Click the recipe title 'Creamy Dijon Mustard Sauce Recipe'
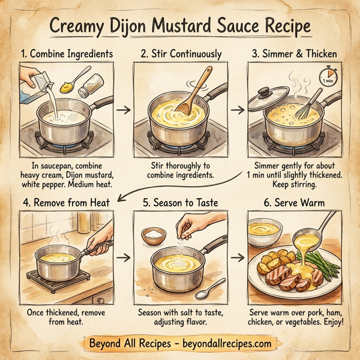click(x=180, y=27)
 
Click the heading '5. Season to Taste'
click(x=179, y=203)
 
